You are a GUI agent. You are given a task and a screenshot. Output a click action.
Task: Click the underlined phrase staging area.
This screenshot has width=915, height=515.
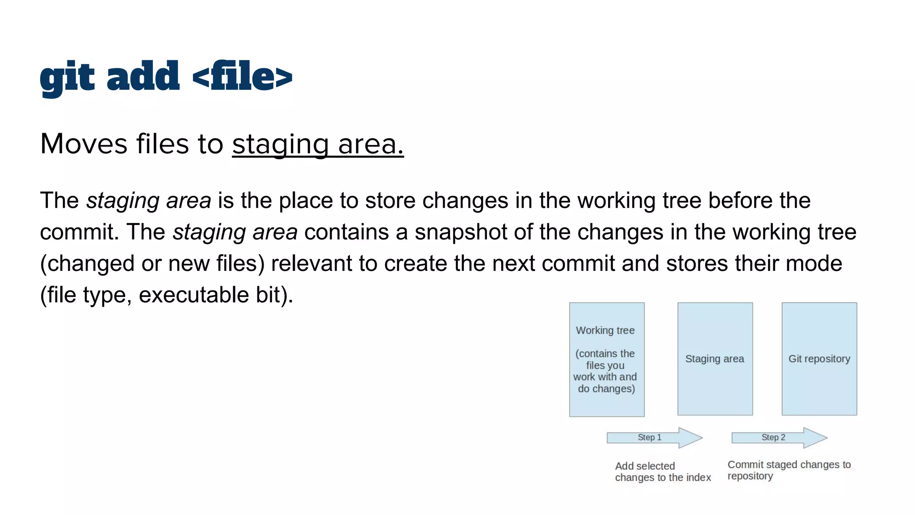(x=318, y=144)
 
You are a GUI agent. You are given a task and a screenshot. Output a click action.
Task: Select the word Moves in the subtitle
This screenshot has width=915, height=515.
(x=84, y=144)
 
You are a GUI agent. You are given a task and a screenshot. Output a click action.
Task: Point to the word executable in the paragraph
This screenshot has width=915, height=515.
(x=193, y=295)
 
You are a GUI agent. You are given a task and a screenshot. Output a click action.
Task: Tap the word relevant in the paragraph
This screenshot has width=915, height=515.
(x=311, y=263)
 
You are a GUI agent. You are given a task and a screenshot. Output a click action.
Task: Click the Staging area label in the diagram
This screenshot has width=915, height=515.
(x=714, y=359)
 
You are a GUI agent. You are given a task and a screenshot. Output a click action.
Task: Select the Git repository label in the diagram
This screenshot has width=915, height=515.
(x=819, y=359)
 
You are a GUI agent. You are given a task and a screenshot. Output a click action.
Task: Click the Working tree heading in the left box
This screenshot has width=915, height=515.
(x=605, y=330)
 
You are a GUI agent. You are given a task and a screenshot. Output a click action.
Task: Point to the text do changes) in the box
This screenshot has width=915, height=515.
(x=606, y=388)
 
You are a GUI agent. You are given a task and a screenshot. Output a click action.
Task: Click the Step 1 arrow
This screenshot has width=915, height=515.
(x=653, y=437)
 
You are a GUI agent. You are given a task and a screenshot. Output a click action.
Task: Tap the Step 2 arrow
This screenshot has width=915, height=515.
(x=778, y=437)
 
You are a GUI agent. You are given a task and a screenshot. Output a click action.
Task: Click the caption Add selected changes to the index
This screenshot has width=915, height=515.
(x=662, y=472)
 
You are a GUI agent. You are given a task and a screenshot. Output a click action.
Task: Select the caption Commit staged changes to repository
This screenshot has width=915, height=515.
(x=789, y=470)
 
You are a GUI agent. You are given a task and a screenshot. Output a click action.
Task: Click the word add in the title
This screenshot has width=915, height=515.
(x=143, y=77)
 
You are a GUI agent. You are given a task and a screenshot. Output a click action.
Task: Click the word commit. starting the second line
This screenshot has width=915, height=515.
(x=79, y=232)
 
